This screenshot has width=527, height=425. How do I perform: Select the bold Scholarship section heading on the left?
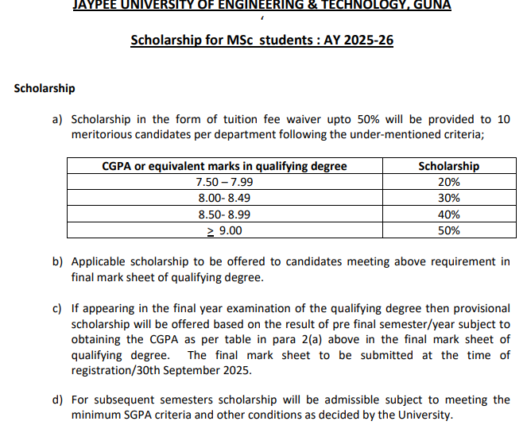coord(45,88)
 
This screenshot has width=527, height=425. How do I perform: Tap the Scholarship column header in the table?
coord(448,166)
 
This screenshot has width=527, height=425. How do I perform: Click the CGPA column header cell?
coord(225,166)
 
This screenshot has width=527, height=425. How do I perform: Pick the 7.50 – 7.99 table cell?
coord(225,182)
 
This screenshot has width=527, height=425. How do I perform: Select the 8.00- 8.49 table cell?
coord(225,198)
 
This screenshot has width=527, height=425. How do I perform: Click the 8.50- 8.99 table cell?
coord(225,214)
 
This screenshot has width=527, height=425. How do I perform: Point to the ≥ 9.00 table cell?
coord(225,230)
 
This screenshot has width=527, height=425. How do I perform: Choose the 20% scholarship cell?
coord(448,182)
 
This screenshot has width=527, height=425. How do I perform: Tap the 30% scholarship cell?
coord(448,198)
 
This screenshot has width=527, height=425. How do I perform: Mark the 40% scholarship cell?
coord(448,214)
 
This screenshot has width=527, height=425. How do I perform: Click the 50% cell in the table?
coord(448,230)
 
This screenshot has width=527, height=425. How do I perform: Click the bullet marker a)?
coord(57,120)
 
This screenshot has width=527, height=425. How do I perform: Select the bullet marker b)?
coord(57,261)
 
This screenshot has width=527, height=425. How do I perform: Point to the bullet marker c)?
coord(57,309)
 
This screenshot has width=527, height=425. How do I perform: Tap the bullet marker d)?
coord(57,400)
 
